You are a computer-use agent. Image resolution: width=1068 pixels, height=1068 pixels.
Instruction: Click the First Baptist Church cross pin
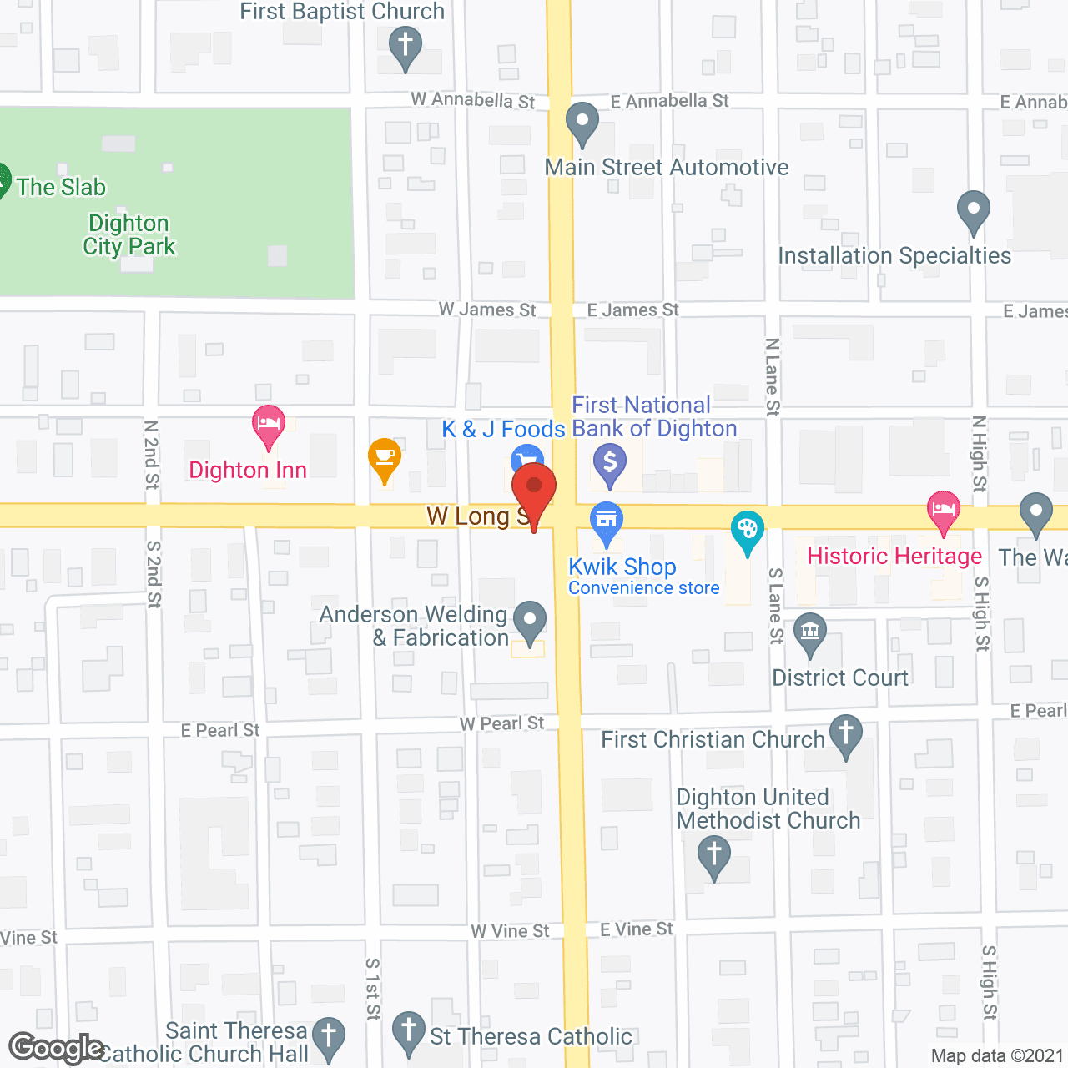pyautogui.click(x=406, y=46)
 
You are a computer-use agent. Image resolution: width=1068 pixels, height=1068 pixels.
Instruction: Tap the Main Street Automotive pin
pyautogui.click(x=582, y=122)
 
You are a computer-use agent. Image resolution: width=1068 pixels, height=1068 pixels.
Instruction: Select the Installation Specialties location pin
pyautogui.click(x=973, y=210)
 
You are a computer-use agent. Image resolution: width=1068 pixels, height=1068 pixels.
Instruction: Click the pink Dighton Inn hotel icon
pyautogui.click(x=269, y=425)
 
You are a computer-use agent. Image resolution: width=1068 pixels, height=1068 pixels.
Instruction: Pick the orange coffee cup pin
pyautogui.click(x=385, y=457)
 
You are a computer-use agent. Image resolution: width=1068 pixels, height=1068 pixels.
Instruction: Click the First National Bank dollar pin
pyautogui.click(x=610, y=462)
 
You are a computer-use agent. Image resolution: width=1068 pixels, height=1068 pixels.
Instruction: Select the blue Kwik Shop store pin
pyautogui.click(x=607, y=521)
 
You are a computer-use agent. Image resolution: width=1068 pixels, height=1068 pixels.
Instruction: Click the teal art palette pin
pyautogui.click(x=748, y=530)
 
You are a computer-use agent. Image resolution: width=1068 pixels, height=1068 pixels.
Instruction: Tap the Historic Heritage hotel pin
pyautogui.click(x=944, y=510)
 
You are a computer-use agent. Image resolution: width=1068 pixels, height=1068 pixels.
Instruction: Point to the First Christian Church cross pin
pyautogui.click(x=846, y=735)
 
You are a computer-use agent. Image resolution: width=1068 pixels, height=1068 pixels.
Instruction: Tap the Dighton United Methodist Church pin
pyautogui.click(x=714, y=856)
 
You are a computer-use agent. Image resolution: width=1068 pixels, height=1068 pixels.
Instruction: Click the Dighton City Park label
pyautogui.click(x=129, y=235)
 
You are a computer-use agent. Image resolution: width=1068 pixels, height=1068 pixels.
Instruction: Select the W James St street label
pyautogui.click(x=487, y=310)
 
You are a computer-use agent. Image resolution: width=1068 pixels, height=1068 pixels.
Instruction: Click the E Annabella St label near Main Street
pyautogui.click(x=669, y=102)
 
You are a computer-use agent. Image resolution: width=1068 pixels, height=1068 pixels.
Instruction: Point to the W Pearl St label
pyautogui.click(x=501, y=723)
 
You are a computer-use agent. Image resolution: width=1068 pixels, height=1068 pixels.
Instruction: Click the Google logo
pyautogui.click(x=56, y=1048)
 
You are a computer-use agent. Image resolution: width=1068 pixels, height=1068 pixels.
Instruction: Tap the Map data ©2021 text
pyautogui.click(x=997, y=1055)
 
